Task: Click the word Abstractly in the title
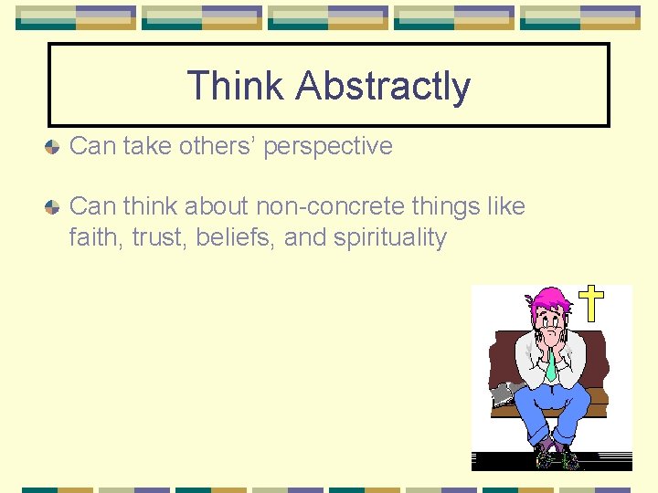point(383,87)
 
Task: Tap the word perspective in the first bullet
point(328,146)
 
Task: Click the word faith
point(96,238)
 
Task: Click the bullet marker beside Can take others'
point(54,146)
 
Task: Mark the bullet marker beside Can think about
point(54,206)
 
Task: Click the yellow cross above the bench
point(592,303)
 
